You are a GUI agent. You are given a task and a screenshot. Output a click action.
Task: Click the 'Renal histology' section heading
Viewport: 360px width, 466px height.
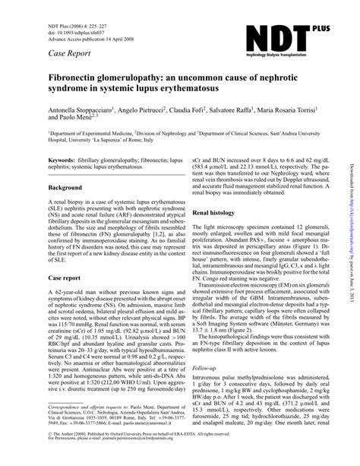[223, 214]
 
